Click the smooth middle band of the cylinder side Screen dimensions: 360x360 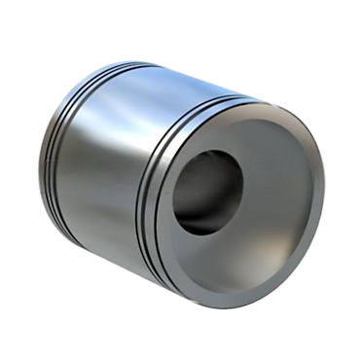click(x=107, y=156)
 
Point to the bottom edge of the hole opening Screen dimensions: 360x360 click(x=204, y=234)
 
